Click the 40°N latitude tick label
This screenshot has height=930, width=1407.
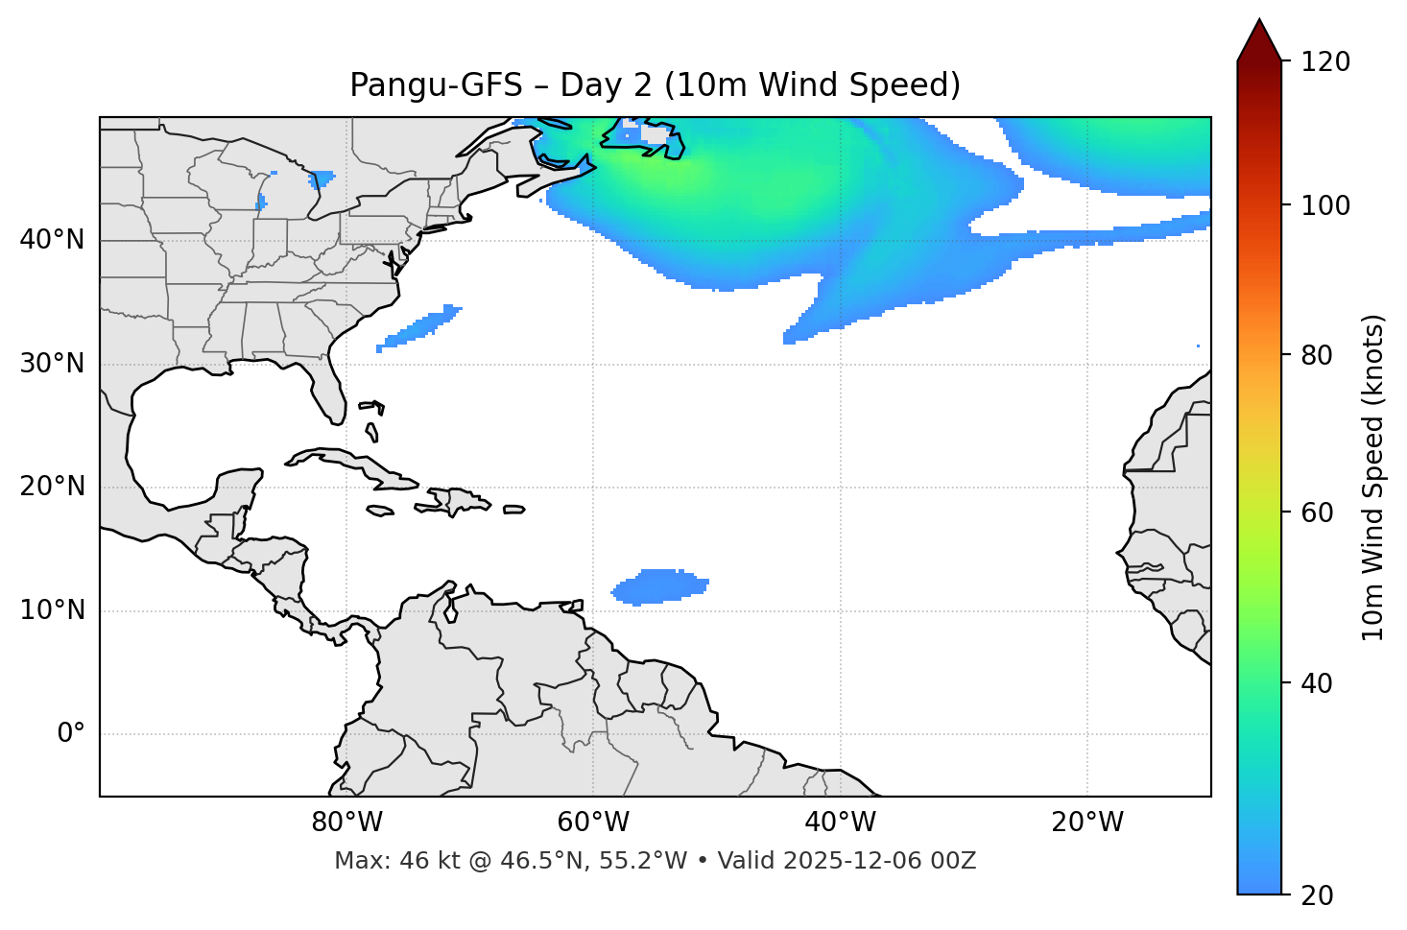(x=52, y=240)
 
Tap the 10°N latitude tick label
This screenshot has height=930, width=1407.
(x=52, y=610)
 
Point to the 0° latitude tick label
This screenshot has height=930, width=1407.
(x=71, y=734)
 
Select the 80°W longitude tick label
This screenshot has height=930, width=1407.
(x=346, y=823)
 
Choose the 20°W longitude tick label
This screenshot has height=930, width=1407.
(x=1087, y=823)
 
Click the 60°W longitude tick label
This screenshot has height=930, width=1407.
(x=593, y=823)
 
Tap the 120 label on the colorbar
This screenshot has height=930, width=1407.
(x=1325, y=62)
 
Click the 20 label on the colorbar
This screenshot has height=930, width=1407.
(x=1317, y=895)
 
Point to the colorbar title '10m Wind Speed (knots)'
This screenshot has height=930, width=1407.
(x=1373, y=477)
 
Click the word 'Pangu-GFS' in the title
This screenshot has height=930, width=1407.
(x=436, y=85)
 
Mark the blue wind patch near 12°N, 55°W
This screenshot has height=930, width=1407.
(x=659, y=586)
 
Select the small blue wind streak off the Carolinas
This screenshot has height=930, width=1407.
(x=420, y=327)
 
